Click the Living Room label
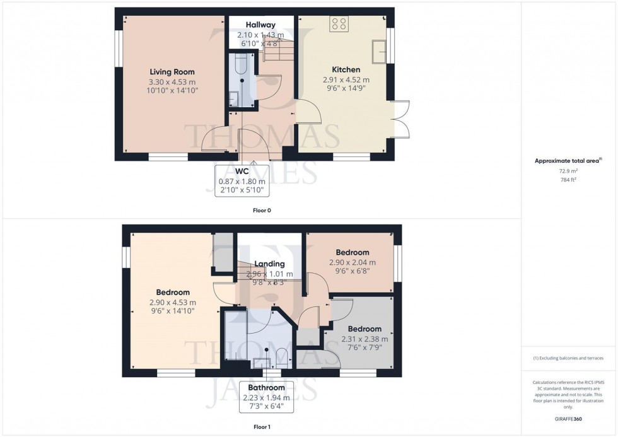tap(172, 72)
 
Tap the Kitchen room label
tap(346, 69)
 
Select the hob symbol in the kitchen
tap(339, 24)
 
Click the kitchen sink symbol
tap(380, 51)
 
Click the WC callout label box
tap(242, 181)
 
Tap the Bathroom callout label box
tap(265, 397)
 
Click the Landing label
tap(269, 264)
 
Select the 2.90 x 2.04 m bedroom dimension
tap(352, 262)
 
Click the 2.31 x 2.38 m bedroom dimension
tap(364, 339)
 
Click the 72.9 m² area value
tap(568, 170)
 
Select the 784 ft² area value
tap(568, 179)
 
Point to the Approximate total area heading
tap(568, 161)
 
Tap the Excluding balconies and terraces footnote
tap(568, 358)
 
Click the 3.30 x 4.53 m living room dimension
tap(172, 82)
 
